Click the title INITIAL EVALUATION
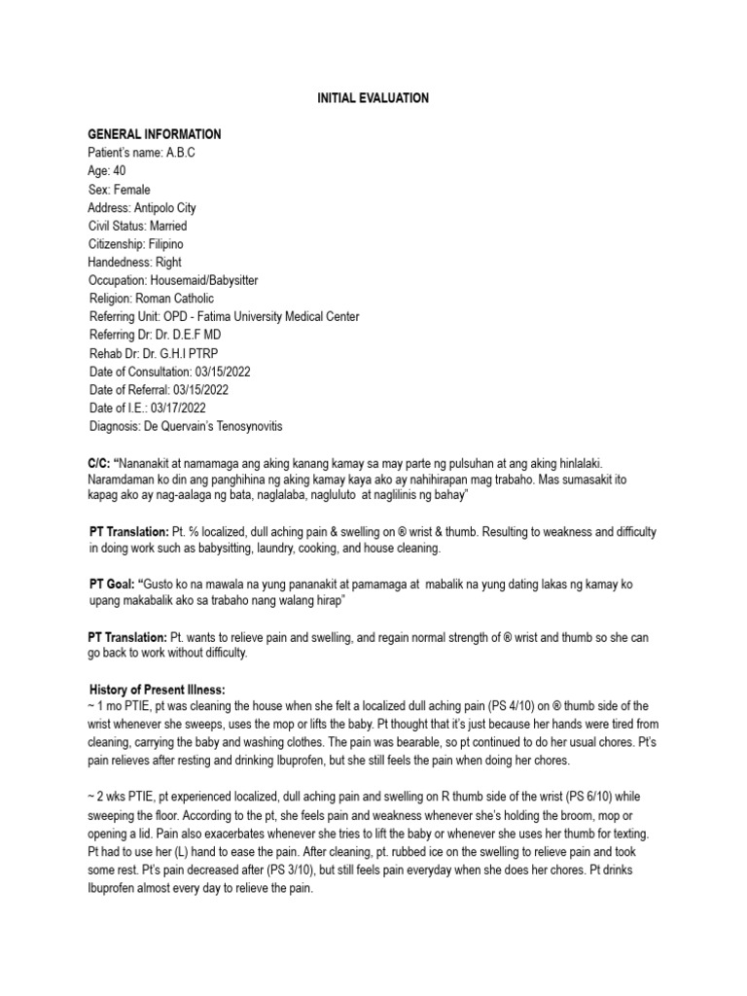click(373, 98)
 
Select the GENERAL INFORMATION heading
click(154, 134)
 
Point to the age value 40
click(120, 171)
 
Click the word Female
click(131, 190)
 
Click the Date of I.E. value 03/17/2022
click(173, 408)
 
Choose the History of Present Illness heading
click(157, 689)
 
